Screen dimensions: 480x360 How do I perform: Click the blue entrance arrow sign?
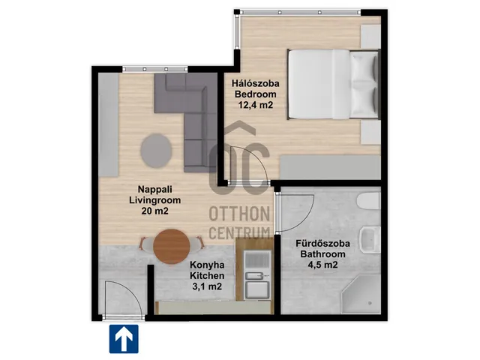pos(124,339)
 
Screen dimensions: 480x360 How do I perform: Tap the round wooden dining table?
pos(172,246)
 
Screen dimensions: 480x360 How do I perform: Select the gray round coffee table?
pos(156,151)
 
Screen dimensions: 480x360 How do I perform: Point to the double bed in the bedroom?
pos(334,84)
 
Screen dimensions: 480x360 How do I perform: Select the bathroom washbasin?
pos(370,240)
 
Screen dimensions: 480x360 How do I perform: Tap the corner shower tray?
pos(361,293)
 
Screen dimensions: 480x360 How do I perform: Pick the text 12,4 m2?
pos(256,105)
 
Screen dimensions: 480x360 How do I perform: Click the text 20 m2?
pos(155,211)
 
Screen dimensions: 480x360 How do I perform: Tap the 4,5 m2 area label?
pos(322,265)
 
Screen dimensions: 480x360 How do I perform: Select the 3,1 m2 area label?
pos(207,286)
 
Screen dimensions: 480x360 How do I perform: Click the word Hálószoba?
pos(255,83)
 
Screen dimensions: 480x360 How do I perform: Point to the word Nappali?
pos(155,189)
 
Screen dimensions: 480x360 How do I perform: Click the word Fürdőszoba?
pos(322,244)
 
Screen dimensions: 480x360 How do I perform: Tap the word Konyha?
pos(207,265)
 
